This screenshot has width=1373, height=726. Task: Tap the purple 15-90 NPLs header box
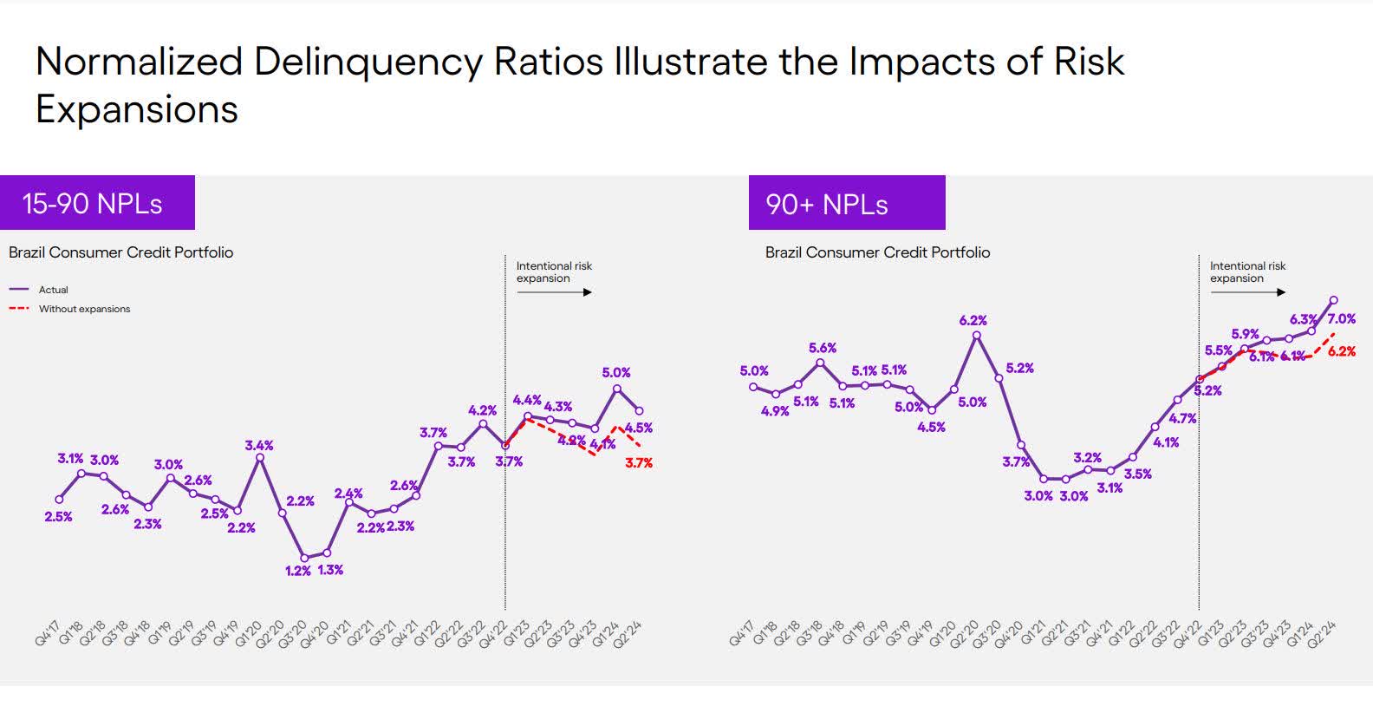[x=97, y=203]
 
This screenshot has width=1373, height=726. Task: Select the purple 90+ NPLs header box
[x=846, y=204]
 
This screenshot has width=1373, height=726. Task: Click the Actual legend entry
[x=52, y=290]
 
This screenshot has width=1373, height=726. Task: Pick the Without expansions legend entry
[x=83, y=309]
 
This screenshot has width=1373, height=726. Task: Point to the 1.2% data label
[x=297, y=571]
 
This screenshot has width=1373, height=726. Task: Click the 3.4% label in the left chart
[x=258, y=446]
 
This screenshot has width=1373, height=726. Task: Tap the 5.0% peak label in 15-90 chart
[x=615, y=373]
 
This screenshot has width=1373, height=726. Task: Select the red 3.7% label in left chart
[x=639, y=463]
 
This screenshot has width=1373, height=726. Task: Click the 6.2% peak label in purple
[x=973, y=321]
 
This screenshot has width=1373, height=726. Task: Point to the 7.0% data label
[x=1341, y=319]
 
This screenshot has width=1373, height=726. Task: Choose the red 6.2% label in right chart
[x=1341, y=352]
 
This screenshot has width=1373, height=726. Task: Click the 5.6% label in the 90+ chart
[x=822, y=348]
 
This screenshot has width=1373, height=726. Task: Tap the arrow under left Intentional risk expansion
[x=554, y=292]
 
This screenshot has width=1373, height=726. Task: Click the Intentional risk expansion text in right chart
[x=1247, y=271]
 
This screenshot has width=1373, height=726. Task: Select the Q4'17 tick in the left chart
[x=49, y=632]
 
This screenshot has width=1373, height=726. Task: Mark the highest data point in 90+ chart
[x=1333, y=300]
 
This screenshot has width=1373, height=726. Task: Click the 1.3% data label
[x=330, y=570]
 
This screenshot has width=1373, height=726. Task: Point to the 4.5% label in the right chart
[x=931, y=427]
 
